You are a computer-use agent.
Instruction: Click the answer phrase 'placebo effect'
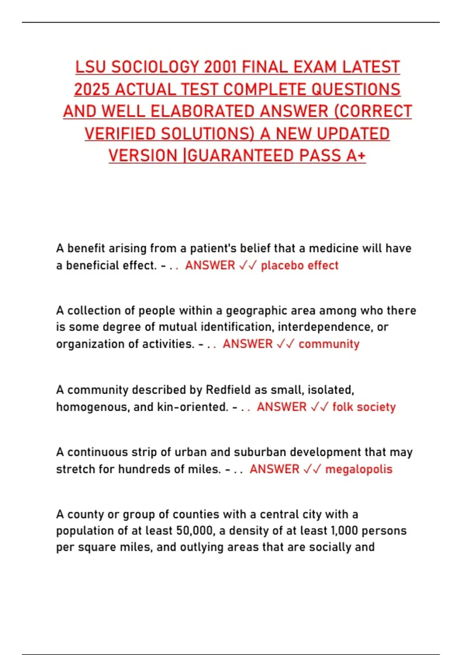click(x=300, y=265)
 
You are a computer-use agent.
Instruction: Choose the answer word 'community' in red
click(x=329, y=344)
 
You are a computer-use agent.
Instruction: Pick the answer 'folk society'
click(x=364, y=407)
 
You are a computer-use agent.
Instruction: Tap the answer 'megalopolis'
click(x=359, y=469)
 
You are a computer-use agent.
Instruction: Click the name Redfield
click(x=228, y=390)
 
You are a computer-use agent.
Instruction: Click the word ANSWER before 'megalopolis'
click(x=274, y=469)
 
